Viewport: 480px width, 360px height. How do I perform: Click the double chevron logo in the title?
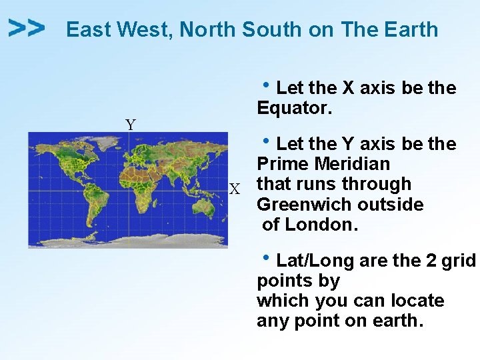[x=27, y=28]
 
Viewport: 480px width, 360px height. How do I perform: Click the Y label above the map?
[x=131, y=125]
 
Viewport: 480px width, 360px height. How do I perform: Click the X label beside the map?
[x=235, y=190]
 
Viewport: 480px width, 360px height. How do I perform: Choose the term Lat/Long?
[x=316, y=261]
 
